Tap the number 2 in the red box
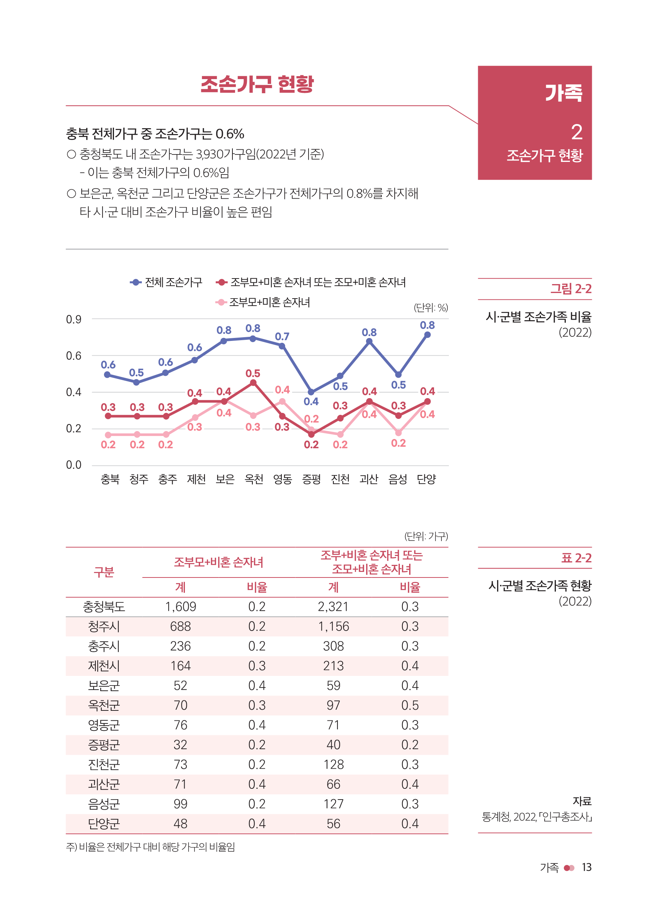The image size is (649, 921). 576,132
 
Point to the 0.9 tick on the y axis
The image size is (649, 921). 74,319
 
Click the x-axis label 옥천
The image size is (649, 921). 254,479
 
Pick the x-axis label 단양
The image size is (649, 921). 426,479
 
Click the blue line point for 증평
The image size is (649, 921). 311,392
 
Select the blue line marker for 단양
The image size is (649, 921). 427,335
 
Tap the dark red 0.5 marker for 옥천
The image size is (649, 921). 253,383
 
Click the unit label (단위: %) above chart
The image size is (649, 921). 431,307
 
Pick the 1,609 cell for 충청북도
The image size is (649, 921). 180,606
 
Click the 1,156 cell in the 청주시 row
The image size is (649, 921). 333,626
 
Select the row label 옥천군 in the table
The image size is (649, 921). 104,705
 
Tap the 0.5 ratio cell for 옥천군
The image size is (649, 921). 410,705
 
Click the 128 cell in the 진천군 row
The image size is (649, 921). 333,764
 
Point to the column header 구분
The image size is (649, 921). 104,572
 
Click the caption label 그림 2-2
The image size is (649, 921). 570,289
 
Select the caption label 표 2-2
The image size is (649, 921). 576,557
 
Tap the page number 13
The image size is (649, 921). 586,867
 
